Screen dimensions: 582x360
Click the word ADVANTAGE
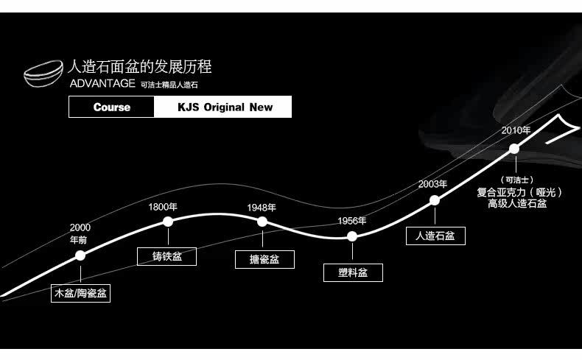[102, 84]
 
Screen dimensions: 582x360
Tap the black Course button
[112, 107]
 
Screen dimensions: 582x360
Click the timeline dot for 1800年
[168, 221]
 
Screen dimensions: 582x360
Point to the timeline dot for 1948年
[262, 222]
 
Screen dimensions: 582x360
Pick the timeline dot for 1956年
[352, 236]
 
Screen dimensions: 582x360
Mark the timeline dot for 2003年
[435, 200]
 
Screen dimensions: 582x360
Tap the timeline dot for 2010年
[514, 149]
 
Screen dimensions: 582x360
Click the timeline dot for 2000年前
[80, 255]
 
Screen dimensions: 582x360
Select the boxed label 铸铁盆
[167, 256]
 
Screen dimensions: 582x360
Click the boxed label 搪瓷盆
[264, 259]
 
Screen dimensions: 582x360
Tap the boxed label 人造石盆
[435, 236]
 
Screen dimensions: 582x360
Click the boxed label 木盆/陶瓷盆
[81, 294]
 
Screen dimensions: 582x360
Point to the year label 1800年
[163, 207]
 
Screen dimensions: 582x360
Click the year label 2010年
[516, 130]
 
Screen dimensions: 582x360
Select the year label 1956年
[352, 221]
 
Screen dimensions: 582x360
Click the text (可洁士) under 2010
[516, 180]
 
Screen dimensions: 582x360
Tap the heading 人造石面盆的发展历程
[139, 67]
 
